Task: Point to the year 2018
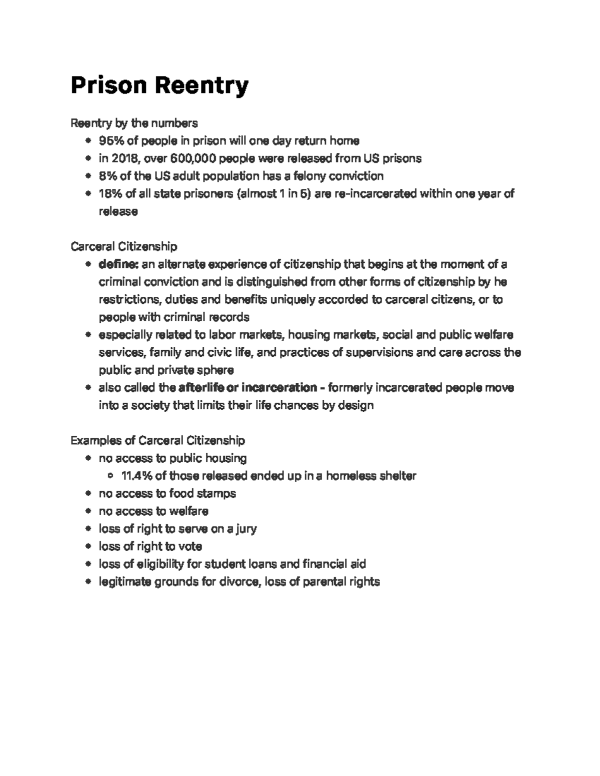pyautogui.click(x=124, y=158)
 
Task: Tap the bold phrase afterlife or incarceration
pyautogui.click(x=247, y=388)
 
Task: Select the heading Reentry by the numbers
pyautogui.click(x=134, y=123)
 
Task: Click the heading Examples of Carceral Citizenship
pyautogui.click(x=157, y=440)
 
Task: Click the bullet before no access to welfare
pyautogui.click(x=88, y=511)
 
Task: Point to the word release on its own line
pyautogui.click(x=118, y=211)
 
